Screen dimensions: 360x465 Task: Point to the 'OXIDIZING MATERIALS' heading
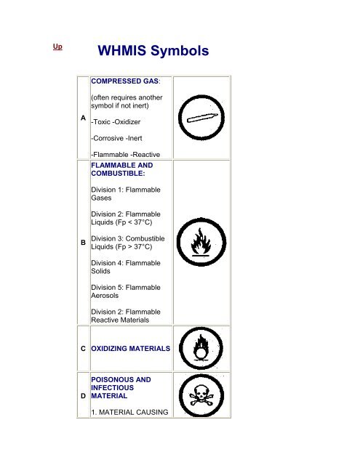(x=130, y=348)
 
